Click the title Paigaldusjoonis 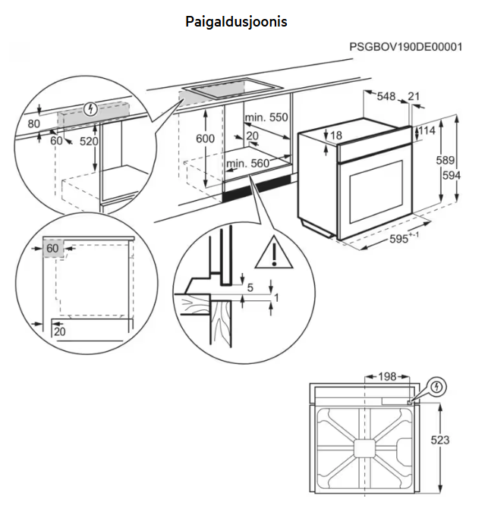point(236,22)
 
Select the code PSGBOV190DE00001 point(405,47)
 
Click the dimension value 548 point(386,96)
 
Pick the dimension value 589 point(446,160)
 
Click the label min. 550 point(266,118)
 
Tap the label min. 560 point(247,164)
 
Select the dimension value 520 point(89,141)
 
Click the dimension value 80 point(33,124)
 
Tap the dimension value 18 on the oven point(337,136)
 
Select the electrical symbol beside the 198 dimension point(436,388)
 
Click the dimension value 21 point(414,96)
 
